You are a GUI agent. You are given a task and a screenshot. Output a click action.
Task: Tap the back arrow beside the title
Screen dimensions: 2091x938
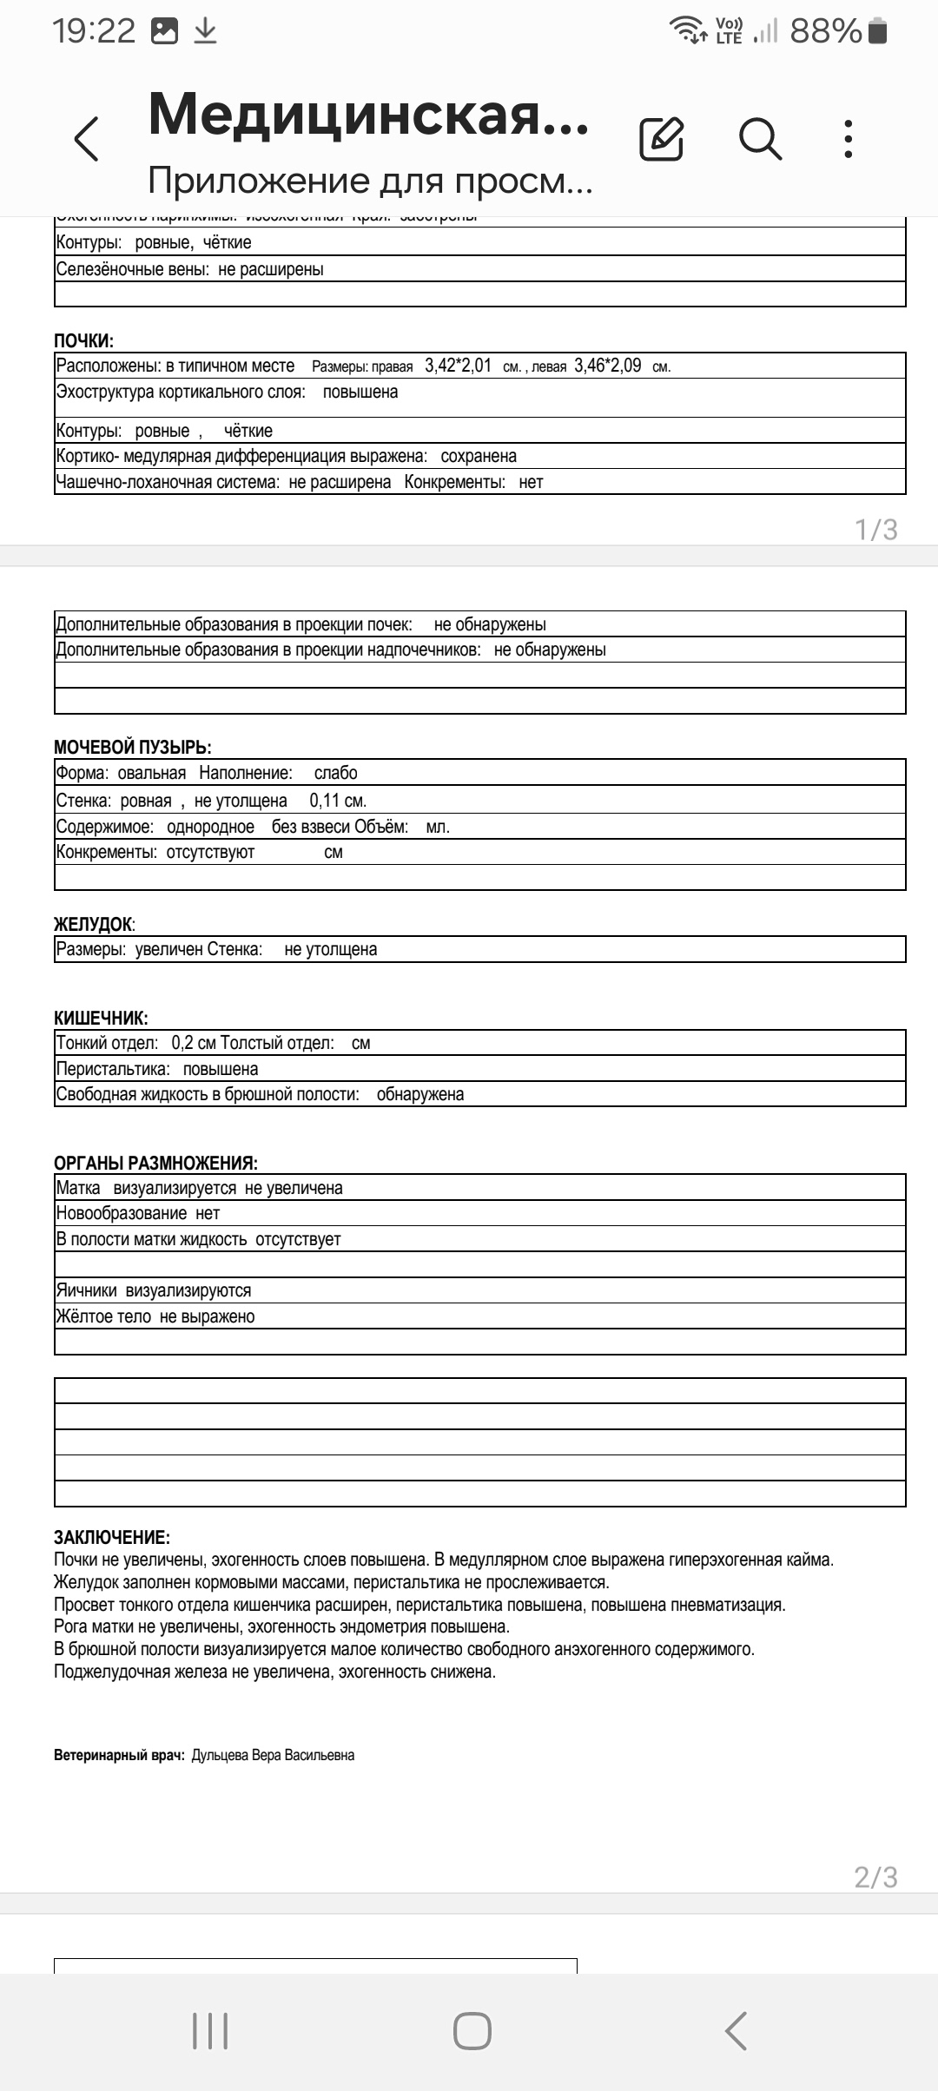87,139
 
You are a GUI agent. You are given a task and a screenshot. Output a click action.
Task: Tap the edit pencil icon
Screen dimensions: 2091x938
661,138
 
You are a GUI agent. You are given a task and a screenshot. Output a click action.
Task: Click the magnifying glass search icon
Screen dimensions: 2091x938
760,138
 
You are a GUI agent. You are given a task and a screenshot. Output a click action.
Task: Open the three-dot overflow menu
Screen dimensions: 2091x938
849,139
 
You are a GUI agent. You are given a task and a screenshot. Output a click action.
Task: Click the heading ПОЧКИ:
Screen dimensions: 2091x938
83,341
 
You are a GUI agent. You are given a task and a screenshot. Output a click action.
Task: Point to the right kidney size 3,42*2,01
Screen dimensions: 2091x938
458,366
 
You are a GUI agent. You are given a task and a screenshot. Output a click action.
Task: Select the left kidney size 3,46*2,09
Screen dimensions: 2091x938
607,366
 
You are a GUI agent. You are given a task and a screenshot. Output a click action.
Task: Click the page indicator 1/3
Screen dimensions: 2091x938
875,529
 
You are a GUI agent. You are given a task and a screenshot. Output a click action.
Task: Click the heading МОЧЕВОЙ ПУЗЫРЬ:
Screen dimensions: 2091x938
132,747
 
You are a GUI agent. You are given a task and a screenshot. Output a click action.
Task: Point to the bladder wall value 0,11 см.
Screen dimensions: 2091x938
338,801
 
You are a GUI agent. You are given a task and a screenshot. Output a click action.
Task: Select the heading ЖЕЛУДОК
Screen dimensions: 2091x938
94,924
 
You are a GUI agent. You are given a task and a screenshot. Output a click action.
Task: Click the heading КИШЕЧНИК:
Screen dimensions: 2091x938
101,1018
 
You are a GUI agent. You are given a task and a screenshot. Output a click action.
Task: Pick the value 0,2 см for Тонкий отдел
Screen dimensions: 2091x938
194,1043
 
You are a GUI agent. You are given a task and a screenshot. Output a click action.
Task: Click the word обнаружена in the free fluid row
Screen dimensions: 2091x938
420,1094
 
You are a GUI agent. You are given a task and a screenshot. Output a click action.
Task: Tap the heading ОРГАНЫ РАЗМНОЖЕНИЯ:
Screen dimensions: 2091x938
155,1163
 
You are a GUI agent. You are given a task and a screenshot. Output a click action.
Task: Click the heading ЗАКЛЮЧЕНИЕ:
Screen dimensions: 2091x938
111,1538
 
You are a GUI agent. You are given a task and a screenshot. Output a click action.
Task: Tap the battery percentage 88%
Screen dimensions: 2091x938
825,31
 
